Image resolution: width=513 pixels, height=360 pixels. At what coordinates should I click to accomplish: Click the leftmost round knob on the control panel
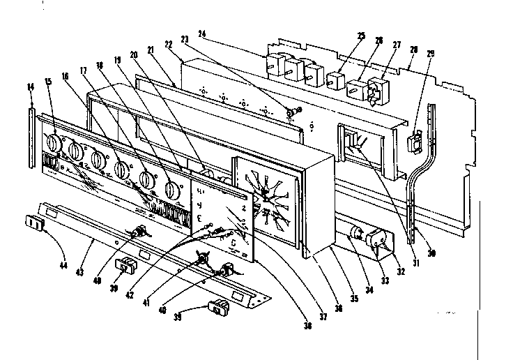52,144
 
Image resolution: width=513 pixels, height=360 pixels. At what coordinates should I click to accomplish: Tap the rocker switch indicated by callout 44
33,223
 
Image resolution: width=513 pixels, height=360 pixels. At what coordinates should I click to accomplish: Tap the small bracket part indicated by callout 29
413,143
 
